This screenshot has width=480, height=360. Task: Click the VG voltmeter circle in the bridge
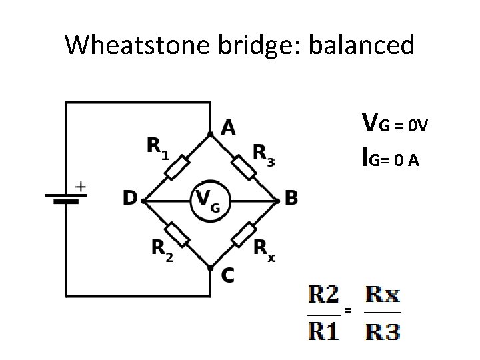coord(209,199)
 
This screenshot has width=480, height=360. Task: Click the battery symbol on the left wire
coord(63,199)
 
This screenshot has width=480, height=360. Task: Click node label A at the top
coord(227,127)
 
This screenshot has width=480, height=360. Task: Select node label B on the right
coord(291,198)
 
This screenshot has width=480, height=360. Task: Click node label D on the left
coord(129,198)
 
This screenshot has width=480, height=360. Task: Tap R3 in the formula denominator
coord(383,330)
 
